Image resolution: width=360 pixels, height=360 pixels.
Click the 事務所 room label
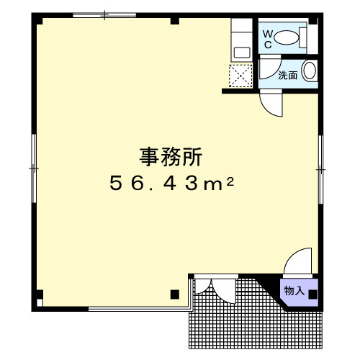click(x=171, y=157)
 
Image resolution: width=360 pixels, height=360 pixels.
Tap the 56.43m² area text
click(x=172, y=183)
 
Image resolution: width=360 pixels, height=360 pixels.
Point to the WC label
click(x=267, y=40)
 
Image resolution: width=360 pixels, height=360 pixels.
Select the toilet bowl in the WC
click(x=286, y=37)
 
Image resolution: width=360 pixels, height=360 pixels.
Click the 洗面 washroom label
click(x=288, y=76)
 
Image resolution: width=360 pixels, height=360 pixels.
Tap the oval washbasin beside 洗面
click(x=310, y=71)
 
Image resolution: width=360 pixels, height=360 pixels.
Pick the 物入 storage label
click(x=294, y=291)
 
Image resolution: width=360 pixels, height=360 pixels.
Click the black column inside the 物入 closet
click(x=312, y=294)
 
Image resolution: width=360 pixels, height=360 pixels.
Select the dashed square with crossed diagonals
click(x=240, y=76)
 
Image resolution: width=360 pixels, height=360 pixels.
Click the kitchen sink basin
click(x=242, y=53)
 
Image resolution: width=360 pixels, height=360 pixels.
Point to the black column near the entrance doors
click(x=175, y=294)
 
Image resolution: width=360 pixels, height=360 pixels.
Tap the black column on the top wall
click(x=175, y=21)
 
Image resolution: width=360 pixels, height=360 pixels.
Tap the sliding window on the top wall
click(x=104, y=15)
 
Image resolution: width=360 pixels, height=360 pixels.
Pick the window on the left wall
click(x=34, y=168)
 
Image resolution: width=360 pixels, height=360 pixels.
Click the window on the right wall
click(x=320, y=169)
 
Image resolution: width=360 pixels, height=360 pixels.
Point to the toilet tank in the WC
click(x=303, y=37)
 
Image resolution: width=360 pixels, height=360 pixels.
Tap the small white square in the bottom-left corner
click(x=40, y=302)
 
